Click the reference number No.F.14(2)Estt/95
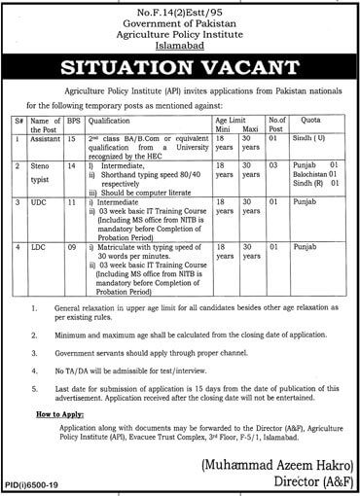point(179,9)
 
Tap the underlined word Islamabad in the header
point(179,45)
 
